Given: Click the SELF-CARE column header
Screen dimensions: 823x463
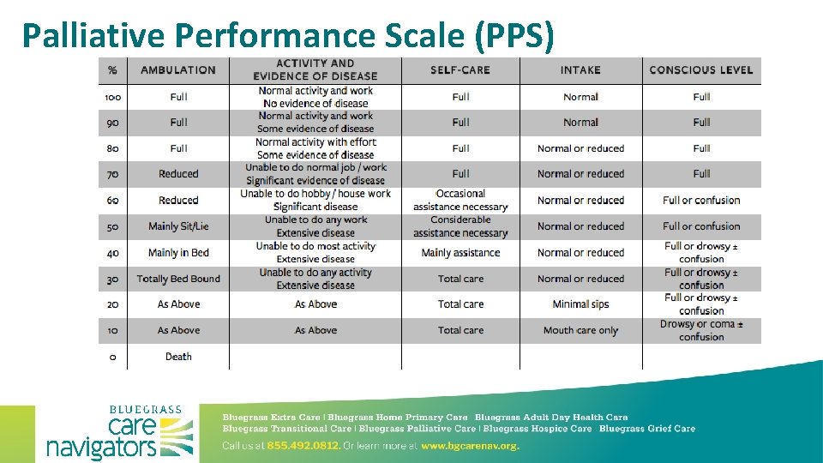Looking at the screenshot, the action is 460,69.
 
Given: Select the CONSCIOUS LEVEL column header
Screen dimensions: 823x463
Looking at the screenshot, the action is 701,69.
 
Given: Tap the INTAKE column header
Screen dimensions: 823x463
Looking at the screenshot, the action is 580,69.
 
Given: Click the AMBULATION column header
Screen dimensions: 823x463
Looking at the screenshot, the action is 178,69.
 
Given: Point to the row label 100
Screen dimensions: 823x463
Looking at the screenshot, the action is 113,97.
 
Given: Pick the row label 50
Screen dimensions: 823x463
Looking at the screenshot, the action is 113,226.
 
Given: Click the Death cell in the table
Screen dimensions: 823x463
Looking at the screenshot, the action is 178,357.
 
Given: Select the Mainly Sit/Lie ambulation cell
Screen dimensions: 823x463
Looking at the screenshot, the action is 178,226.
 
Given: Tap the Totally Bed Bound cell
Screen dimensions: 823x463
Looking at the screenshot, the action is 178,279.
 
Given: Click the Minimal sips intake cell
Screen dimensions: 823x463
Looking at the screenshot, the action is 580,304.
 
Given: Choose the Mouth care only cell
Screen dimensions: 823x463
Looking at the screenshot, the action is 580,330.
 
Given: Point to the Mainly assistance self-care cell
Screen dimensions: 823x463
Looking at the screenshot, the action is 460,252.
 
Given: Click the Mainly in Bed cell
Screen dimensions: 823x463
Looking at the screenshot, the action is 178,252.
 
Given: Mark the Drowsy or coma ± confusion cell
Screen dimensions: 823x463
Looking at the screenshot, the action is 701,330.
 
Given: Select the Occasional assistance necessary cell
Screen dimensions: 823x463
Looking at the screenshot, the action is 460,200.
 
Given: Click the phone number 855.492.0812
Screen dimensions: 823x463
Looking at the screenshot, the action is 303,446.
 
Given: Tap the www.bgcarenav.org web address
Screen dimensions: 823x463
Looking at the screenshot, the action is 471,446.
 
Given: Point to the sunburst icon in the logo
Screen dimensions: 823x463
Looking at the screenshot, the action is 177,436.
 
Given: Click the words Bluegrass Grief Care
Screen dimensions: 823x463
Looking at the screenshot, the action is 647,429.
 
